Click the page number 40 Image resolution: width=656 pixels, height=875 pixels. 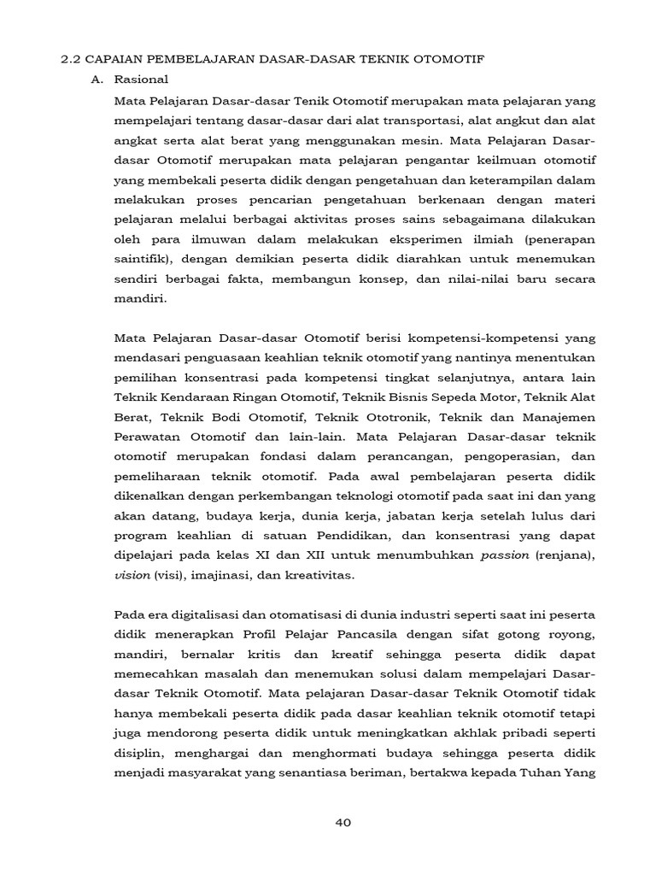pos(343,822)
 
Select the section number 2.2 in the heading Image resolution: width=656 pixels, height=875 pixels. pos(70,58)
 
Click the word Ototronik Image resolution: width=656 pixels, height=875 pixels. pos(407,416)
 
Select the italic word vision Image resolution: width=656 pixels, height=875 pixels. pos(132,575)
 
